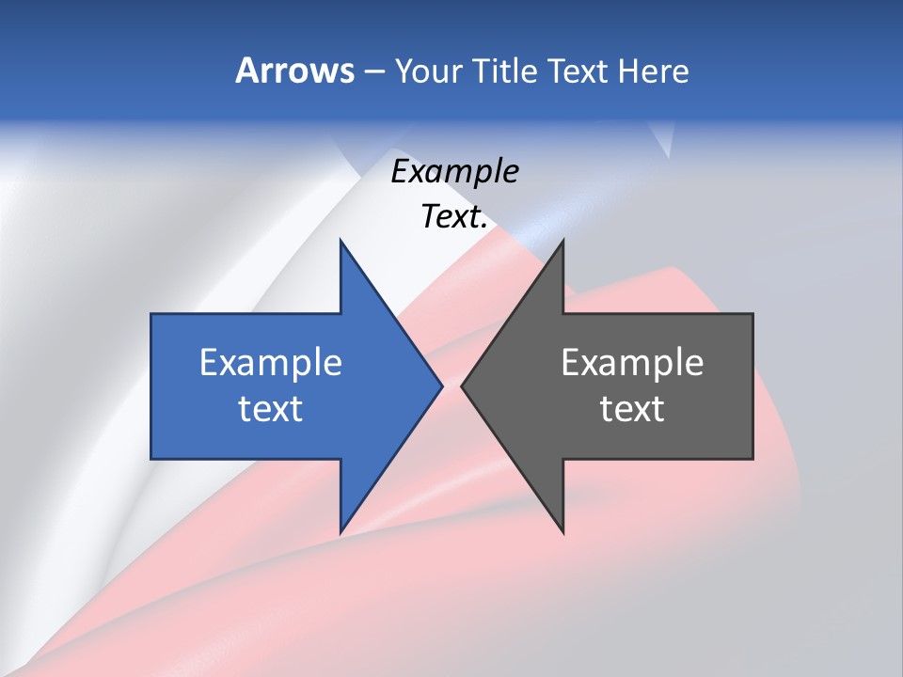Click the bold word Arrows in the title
click(293, 71)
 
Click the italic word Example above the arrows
click(454, 171)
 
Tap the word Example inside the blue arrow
click(271, 363)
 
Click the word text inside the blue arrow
click(271, 409)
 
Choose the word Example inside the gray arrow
click(632, 363)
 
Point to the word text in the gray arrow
click(632, 409)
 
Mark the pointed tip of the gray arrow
click(463, 386)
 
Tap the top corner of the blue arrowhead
click(341, 241)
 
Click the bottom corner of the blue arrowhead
click(341, 531)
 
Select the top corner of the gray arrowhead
click(562, 241)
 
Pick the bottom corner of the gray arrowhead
click(562, 531)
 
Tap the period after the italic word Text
click(484, 227)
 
